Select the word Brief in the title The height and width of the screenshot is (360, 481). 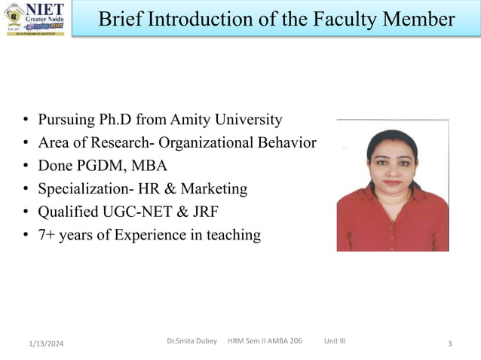click(x=122, y=19)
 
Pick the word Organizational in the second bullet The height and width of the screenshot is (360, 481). click(x=207, y=142)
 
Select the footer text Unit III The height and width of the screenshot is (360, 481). click(x=335, y=341)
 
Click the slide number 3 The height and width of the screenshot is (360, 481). click(x=449, y=344)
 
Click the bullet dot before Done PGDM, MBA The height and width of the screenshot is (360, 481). click(x=26, y=166)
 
